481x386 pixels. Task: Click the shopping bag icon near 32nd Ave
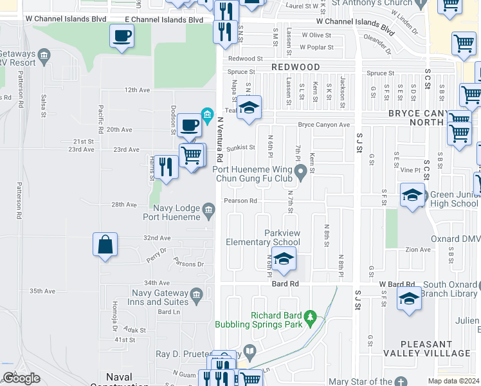[x=105, y=245]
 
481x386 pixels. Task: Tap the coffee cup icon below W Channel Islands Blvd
[x=121, y=36]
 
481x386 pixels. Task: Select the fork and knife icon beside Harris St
[x=166, y=167]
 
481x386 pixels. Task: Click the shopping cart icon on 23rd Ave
[x=192, y=155]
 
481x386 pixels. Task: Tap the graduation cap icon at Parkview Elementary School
[x=282, y=259]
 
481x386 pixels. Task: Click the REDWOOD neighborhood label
[x=295, y=67]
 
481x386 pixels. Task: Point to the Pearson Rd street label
[x=240, y=201]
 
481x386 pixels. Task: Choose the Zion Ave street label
[x=418, y=250]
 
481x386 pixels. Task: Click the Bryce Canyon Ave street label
[x=323, y=125]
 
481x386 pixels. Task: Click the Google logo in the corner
[x=21, y=378]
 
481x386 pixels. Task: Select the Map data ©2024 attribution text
[x=453, y=381]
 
